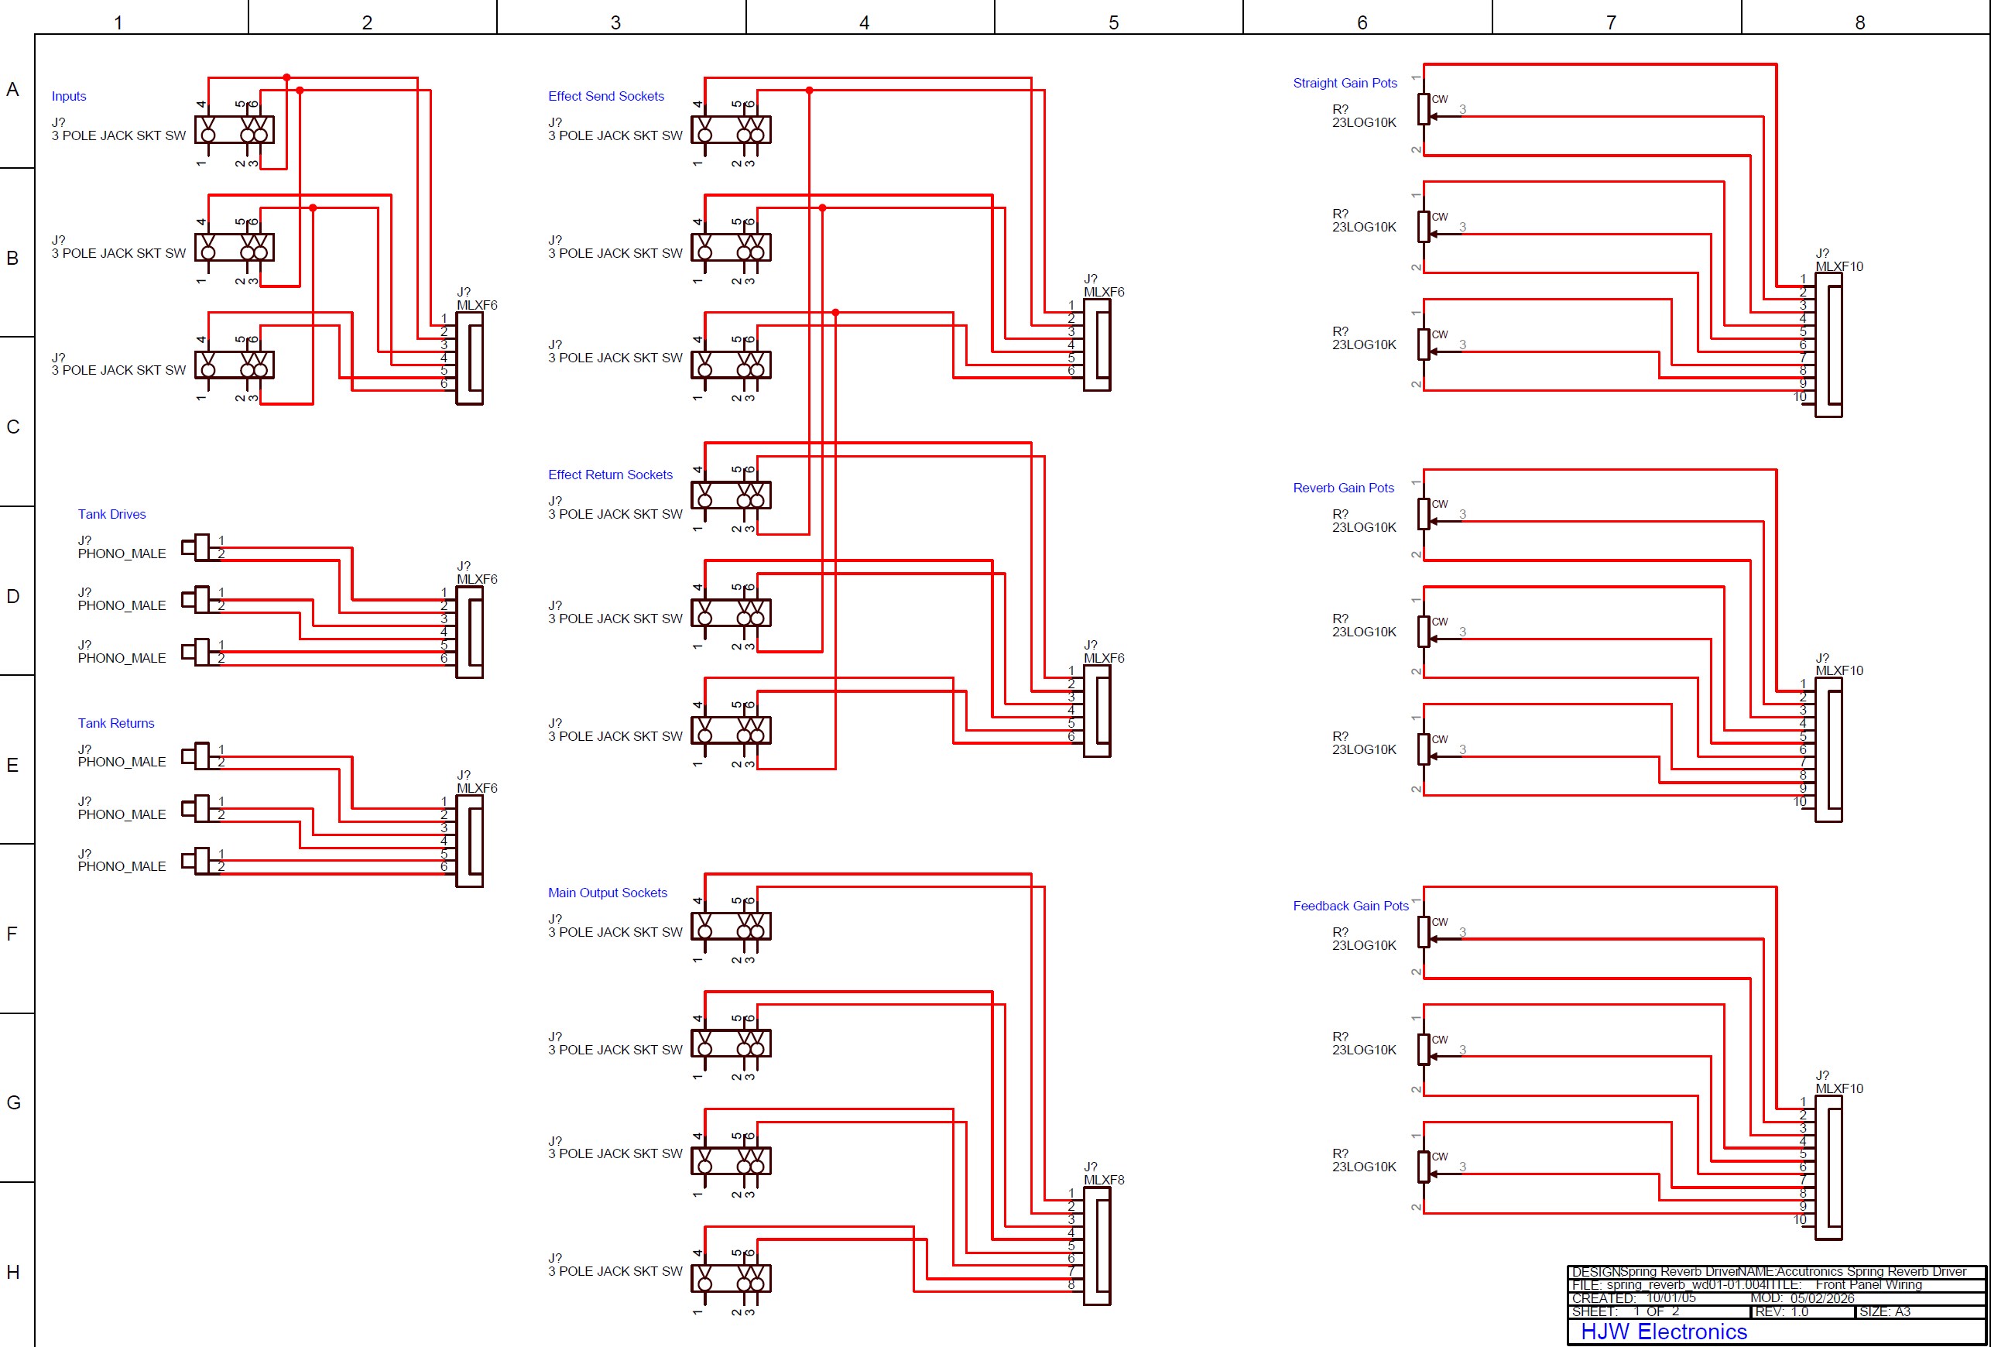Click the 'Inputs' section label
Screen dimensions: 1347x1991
point(69,96)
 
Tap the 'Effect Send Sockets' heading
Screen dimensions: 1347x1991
point(605,96)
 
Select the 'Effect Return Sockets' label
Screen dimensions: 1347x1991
point(610,475)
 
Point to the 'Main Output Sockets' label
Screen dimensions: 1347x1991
point(608,893)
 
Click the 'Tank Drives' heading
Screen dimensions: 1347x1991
point(111,514)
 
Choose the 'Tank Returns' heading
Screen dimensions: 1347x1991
point(115,723)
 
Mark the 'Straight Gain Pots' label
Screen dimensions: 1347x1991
point(1344,83)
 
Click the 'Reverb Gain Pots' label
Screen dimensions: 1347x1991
point(1343,488)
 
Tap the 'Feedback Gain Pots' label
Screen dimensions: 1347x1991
point(1350,906)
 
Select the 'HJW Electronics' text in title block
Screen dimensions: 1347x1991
point(1663,1332)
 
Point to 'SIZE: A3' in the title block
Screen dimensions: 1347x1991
point(1885,1312)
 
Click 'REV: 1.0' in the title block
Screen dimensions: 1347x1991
point(1781,1312)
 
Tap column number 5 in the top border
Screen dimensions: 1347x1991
point(1113,22)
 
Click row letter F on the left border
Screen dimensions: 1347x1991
point(12,933)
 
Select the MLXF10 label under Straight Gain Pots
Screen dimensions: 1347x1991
point(1839,266)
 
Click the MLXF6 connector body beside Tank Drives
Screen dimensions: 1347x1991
point(469,632)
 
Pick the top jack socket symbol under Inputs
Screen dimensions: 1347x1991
point(234,130)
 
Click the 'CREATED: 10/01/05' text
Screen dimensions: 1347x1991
point(1633,1298)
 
